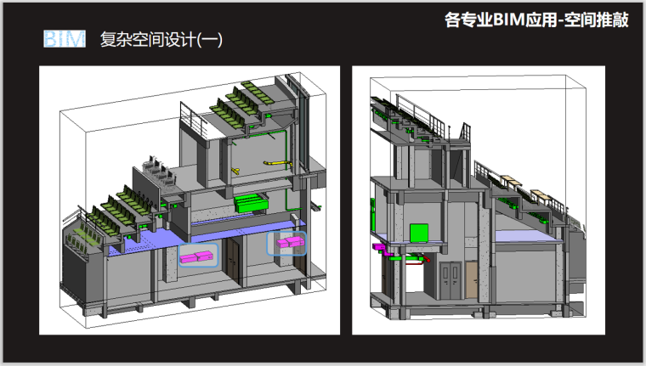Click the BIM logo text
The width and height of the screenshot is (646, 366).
pyautogui.click(x=64, y=39)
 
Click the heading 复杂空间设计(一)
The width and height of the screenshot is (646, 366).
pyautogui.click(x=161, y=40)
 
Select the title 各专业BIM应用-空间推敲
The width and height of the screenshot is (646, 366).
pyautogui.click(x=536, y=20)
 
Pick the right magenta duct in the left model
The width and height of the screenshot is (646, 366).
pyautogui.click(x=286, y=244)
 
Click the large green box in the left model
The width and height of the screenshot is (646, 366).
pyautogui.click(x=251, y=203)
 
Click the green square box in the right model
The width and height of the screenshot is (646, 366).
pyautogui.click(x=419, y=233)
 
